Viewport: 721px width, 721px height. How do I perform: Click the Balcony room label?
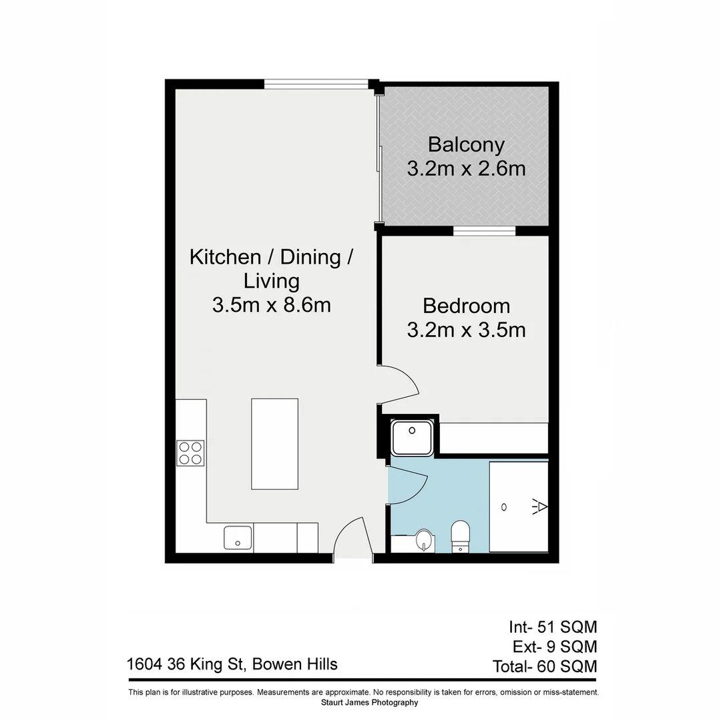coord(466,144)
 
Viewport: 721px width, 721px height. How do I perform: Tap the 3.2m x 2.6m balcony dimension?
coord(466,168)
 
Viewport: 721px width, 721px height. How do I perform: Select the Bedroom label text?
coord(466,306)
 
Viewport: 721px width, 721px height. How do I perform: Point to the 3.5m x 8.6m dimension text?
coord(271,305)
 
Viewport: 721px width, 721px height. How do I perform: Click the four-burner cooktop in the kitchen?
coord(190,453)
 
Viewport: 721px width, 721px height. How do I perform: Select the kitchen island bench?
coord(274,444)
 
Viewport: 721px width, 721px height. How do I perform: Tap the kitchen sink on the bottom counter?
coord(238,537)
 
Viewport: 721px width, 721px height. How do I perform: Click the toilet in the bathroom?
coord(461,536)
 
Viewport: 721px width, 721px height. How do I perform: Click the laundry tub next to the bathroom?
coord(413,437)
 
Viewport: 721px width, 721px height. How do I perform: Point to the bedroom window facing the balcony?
coord(485,231)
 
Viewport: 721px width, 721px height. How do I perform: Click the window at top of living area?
coord(316,84)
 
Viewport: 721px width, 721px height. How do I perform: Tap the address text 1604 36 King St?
coord(232,664)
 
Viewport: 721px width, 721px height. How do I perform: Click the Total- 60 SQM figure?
coord(544,666)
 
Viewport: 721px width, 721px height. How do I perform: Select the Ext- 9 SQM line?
coord(554,646)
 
